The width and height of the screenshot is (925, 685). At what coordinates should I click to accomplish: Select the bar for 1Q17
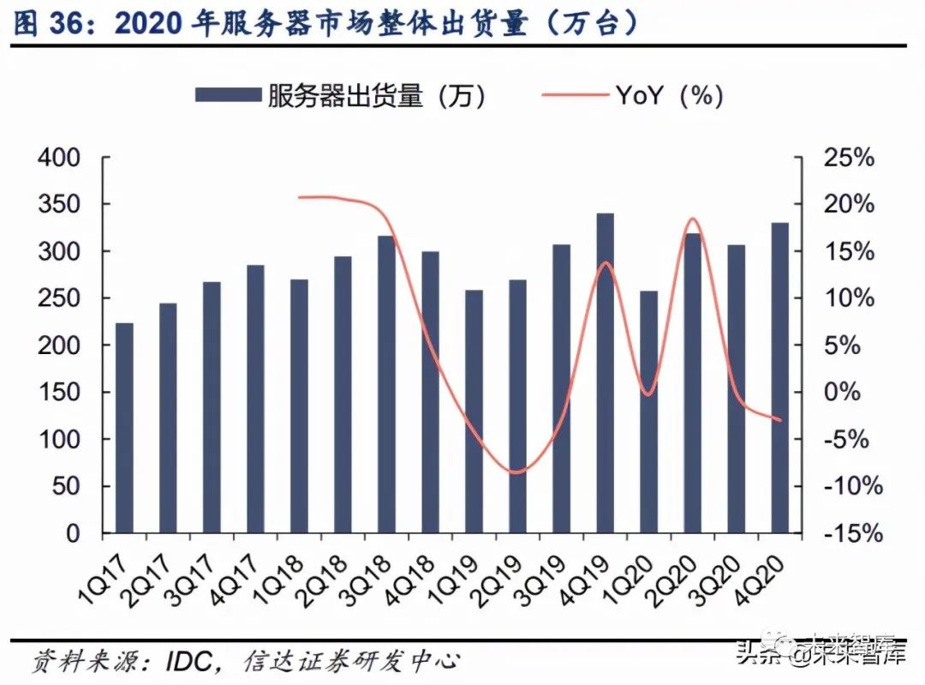pyautogui.click(x=124, y=428)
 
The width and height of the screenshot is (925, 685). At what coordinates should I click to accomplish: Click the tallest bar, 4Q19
pyautogui.click(x=606, y=373)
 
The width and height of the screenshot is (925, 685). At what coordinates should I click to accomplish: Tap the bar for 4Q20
pyautogui.click(x=780, y=378)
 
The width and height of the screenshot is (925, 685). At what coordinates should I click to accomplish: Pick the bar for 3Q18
pyautogui.click(x=386, y=384)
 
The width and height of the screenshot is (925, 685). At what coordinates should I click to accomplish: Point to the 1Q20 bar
pyautogui.click(x=649, y=412)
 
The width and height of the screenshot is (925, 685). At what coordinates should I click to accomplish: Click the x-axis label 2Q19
pyautogui.click(x=498, y=581)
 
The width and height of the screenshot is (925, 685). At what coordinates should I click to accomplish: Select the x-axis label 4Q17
pyautogui.click(x=236, y=581)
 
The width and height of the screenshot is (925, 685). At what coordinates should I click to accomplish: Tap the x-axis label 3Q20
pyautogui.click(x=717, y=581)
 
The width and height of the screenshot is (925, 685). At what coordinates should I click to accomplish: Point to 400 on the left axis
pyautogui.click(x=59, y=158)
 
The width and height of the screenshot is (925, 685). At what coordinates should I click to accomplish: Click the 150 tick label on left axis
pyautogui.click(x=59, y=392)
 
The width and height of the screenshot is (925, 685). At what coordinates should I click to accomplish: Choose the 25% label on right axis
pyautogui.click(x=849, y=158)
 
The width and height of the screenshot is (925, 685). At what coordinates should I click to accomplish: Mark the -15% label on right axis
pyautogui.click(x=853, y=533)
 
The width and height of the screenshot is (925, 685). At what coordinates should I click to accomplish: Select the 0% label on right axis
pyautogui.click(x=843, y=392)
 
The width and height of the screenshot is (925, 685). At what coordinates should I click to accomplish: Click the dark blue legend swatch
pyautogui.click(x=229, y=95)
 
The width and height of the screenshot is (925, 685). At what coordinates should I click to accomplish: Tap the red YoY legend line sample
pyautogui.click(x=576, y=94)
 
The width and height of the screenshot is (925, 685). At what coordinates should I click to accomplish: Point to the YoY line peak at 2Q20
pyautogui.click(x=693, y=219)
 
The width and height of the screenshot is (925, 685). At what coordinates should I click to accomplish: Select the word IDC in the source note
pyautogui.click(x=188, y=661)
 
